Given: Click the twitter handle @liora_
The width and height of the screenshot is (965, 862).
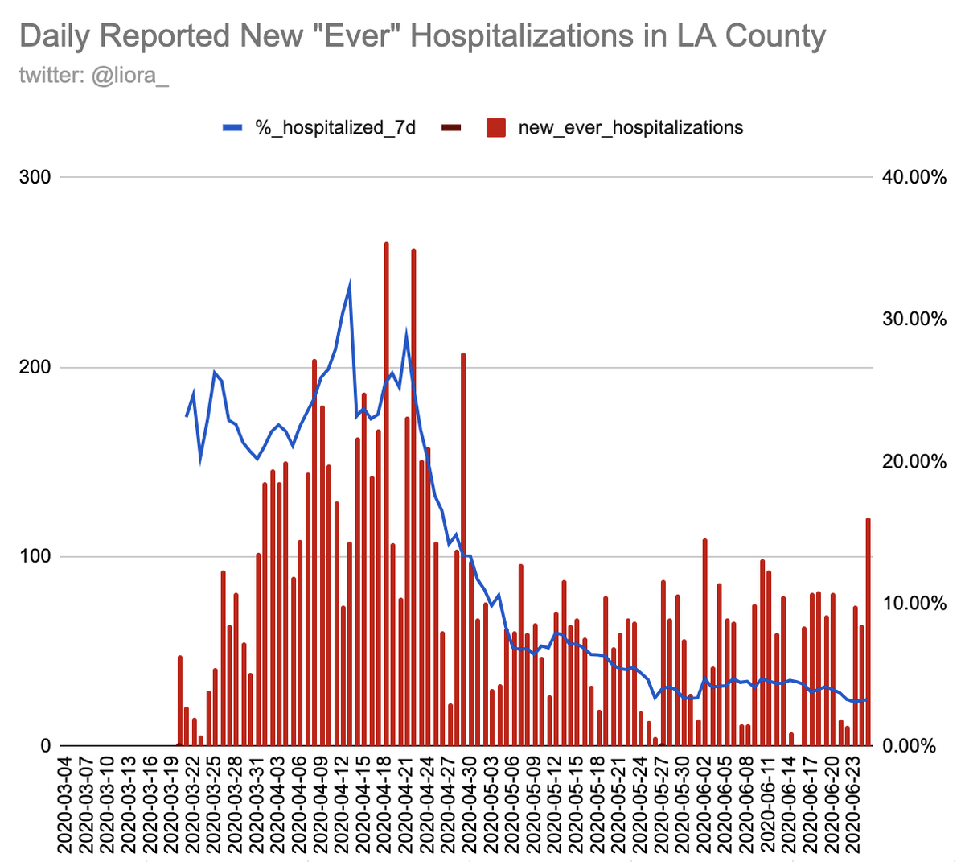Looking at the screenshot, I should coord(93,75).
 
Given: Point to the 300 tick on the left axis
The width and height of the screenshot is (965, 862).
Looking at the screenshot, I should coord(34,177).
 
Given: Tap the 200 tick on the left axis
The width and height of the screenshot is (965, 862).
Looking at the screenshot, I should coord(34,367).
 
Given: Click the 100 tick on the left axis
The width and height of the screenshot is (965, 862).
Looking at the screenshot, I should coord(34,557).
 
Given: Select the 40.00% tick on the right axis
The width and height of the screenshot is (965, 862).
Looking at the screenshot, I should coord(914,177).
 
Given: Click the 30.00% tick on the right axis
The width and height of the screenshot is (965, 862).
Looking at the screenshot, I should coord(914,320).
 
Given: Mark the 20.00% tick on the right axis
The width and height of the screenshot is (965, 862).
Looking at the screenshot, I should coord(914,462).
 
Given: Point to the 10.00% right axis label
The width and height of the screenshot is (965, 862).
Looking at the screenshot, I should coord(914,604).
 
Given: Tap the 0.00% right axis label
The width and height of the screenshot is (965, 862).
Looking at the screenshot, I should coord(914,746).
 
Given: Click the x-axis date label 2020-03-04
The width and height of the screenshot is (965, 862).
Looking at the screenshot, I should coord(65,805).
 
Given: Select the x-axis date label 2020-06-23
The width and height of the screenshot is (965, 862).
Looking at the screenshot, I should coord(856,805).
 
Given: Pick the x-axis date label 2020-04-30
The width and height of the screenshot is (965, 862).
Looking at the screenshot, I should coord(469,805).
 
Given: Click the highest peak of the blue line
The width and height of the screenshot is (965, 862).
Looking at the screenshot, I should coord(350,284).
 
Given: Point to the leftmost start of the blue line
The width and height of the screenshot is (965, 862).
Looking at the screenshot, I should coord(187,415).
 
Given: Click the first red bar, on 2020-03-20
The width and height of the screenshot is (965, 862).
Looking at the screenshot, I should coord(180,700).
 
